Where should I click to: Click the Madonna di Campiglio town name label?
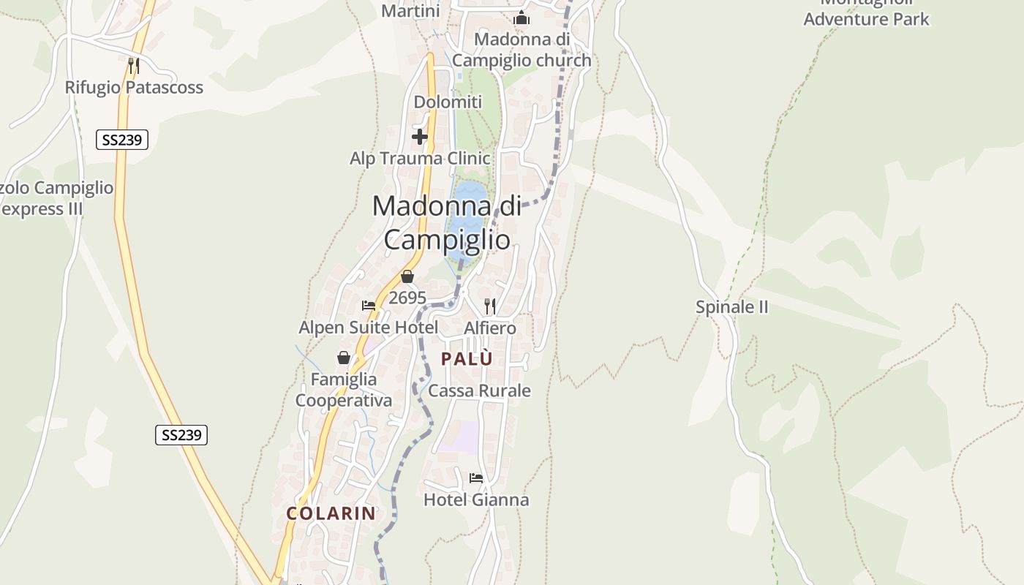coord(447,222)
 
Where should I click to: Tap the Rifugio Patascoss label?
coord(134,87)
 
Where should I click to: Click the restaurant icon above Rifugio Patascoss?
coord(133,66)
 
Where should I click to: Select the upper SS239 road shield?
coord(122,139)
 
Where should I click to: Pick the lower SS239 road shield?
coord(181,435)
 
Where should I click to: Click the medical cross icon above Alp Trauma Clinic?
coord(420,137)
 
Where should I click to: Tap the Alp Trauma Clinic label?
coord(420,158)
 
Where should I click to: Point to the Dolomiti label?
coord(448,102)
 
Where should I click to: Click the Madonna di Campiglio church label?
coord(522,49)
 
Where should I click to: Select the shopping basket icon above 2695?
coord(407,276)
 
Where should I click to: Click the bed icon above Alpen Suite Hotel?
coord(369,306)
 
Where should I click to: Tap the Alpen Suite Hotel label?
coord(369,327)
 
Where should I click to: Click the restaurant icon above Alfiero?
coord(490,306)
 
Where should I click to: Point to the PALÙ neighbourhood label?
coord(467,358)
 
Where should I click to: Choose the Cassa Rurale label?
coord(479,390)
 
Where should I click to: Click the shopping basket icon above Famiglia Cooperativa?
coord(344,358)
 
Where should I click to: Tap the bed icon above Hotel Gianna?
coord(476,478)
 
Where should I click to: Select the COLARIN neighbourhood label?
coord(331,513)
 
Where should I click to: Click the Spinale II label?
coord(731,307)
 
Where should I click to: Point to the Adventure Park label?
coord(866,18)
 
